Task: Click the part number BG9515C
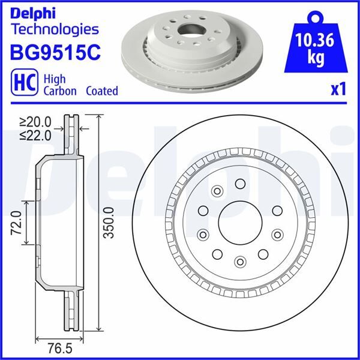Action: [x=55, y=52]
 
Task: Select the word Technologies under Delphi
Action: [x=55, y=29]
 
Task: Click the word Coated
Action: [x=101, y=91]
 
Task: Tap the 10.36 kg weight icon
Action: [x=315, y=45]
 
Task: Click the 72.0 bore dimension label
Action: [x=17, y=222]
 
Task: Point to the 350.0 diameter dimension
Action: [x=109, y=223]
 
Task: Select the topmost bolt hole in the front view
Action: [x=240, y=184]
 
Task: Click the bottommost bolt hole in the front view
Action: [x=240, y=261]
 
